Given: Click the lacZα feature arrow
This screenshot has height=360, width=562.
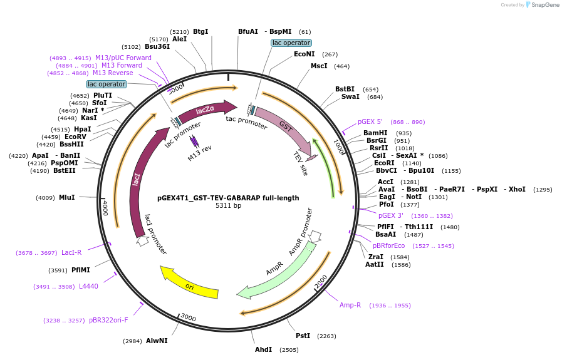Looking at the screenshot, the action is pos(206,110).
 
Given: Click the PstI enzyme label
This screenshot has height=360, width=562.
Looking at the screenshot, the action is pos(303,336).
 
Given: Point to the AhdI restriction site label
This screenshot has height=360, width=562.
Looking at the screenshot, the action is pos(263,349).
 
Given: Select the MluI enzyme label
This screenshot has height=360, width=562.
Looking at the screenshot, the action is pos(67,197).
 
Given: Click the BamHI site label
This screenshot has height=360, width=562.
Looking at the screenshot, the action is pos(375,133).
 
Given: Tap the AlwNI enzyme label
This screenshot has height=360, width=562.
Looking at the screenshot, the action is pos(157,341).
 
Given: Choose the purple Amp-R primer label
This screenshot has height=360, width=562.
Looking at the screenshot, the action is pos(350,305).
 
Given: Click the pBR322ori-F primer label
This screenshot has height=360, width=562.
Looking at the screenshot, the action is pos(108,320).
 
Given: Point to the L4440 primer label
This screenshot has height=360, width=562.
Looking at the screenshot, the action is pos(88,286).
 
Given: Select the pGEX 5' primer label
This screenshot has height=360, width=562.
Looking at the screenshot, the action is pos(370,122).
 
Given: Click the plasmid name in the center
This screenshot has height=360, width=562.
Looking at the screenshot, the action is pos(228,198).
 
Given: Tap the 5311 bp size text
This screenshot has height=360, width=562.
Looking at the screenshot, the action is pos(228,205).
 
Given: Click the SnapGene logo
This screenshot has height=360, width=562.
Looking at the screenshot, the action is pos(543,4).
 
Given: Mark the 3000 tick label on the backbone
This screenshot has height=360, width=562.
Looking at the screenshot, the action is pos(189,317).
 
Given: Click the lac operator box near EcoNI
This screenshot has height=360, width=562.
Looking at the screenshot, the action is pos(291,43).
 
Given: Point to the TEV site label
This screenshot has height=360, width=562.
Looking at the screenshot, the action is pos(301,163).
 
